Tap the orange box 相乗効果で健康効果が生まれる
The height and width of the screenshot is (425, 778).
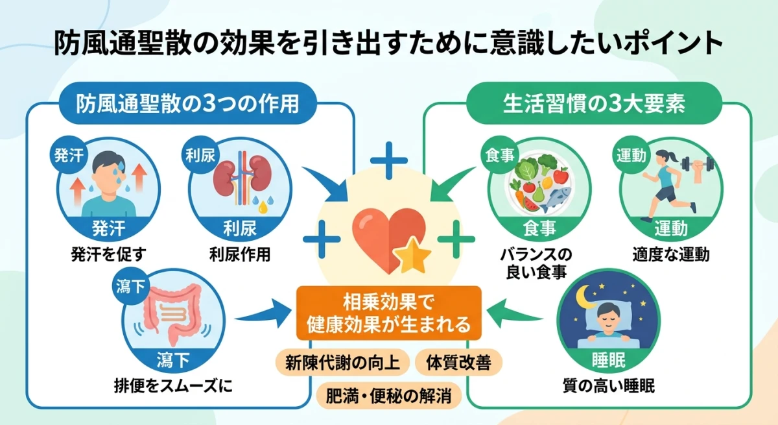click(x=388, y=312)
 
